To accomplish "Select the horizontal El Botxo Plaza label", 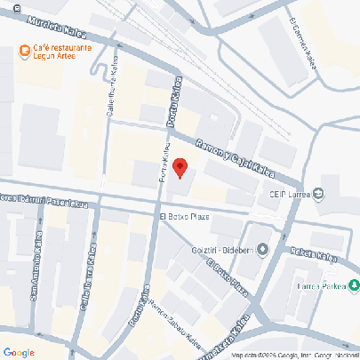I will coord(184,216).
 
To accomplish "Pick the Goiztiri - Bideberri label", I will coord(223,249).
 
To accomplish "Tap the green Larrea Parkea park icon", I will coord(354,285).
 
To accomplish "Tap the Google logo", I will coord(19,352).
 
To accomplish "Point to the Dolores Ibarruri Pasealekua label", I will coord(43,199).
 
